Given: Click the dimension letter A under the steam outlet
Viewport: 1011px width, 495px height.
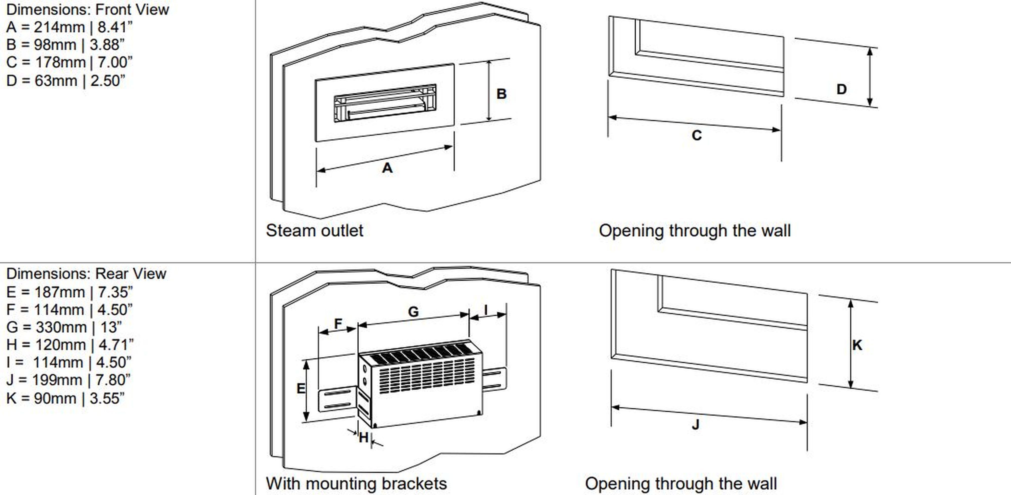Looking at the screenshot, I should [387, 168].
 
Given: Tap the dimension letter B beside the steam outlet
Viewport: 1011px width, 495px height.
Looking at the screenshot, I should [501, 94].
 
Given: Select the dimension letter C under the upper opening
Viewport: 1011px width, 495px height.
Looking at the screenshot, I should [697, 135].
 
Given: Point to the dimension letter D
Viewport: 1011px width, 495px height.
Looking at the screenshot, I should [841, 89].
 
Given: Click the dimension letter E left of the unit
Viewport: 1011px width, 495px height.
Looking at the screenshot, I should [301, 388].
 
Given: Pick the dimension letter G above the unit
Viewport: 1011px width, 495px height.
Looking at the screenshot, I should [413, 312].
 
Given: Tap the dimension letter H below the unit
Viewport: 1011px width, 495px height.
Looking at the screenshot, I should [363, 437].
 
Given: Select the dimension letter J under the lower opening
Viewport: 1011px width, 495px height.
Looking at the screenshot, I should [696, 424].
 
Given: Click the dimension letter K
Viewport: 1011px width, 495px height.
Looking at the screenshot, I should [857, 345].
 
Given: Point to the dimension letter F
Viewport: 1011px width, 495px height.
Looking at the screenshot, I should [338, 324].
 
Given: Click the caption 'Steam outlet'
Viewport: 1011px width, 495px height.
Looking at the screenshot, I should [314, 231].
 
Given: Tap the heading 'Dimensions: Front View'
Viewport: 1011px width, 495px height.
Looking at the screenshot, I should [87, 9].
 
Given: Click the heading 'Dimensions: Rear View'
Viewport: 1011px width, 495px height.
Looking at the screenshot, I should [86, 274].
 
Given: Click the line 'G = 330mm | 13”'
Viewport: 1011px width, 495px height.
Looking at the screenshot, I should [64, 327].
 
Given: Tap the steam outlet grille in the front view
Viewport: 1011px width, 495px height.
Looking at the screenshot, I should [385, 103].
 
